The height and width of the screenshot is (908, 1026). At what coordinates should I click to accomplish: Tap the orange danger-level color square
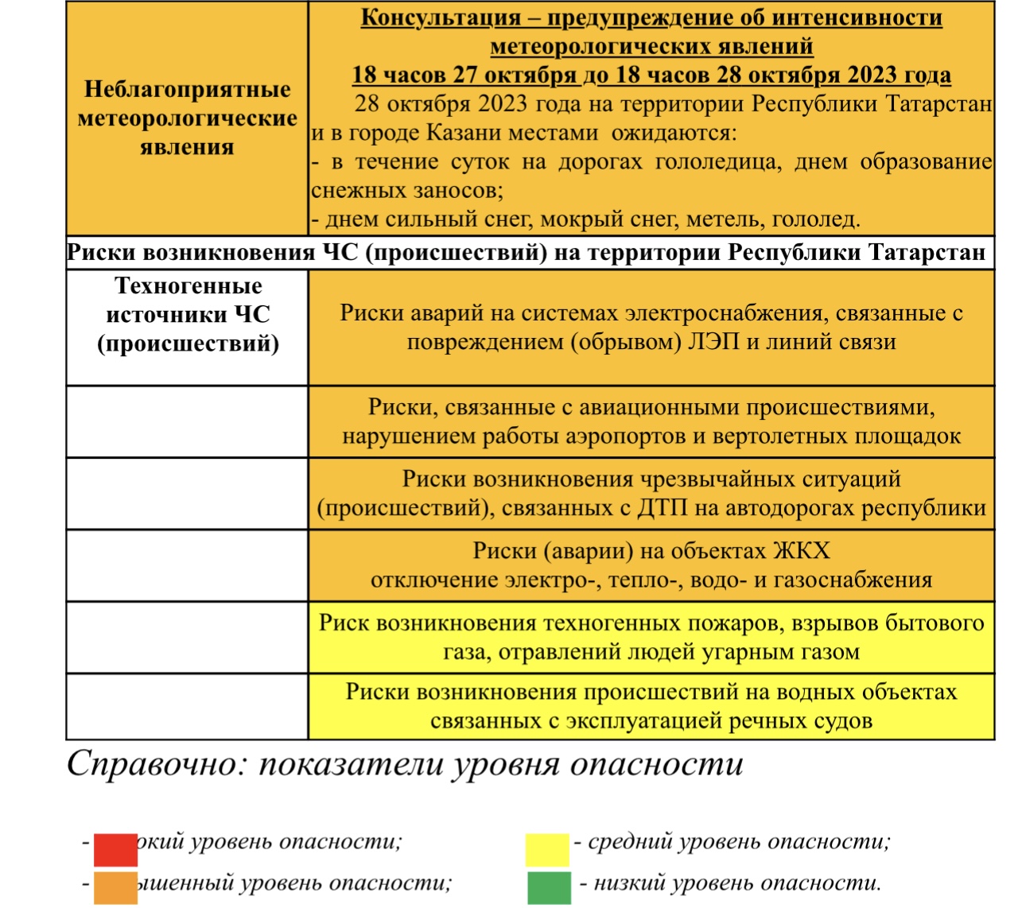point(115,887)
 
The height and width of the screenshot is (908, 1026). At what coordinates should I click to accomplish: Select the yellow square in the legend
point(547,848)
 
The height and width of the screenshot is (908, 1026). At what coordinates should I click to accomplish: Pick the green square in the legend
point(549,887)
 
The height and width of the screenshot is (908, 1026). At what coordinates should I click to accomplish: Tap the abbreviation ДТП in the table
point(663,507)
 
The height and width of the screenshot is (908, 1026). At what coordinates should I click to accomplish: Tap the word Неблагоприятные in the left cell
point(188,88)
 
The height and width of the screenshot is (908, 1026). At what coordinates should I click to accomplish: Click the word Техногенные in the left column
point(188,285)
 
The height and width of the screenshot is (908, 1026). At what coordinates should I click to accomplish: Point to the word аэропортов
point(636,436)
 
